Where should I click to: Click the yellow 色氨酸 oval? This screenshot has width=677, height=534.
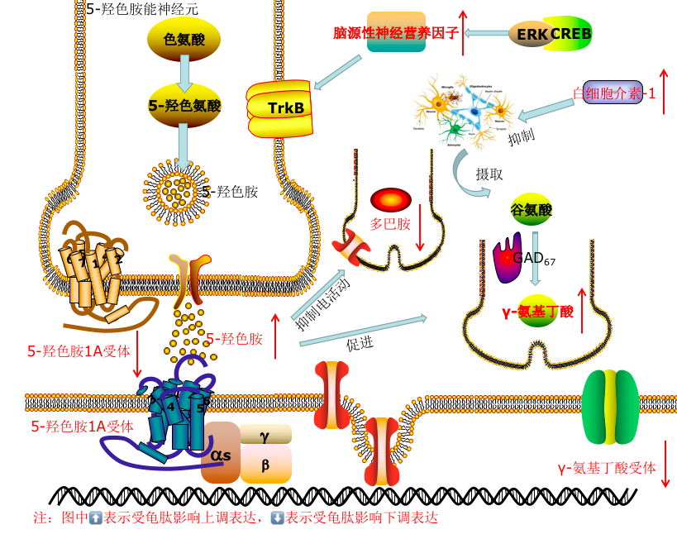click(184, 39)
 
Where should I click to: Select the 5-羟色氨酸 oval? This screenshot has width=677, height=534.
click(184, 105)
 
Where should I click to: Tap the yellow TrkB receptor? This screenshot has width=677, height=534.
click(281, 107)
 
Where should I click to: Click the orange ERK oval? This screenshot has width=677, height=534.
click(531, 34)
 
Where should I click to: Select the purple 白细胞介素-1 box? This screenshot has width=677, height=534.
click(613, 93)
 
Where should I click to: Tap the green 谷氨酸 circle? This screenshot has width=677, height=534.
click(532, 210)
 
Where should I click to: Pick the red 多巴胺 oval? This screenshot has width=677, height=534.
click(390, 200)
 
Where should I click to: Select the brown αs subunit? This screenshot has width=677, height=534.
click(221, 453)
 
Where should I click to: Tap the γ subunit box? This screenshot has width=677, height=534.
click(265, 434)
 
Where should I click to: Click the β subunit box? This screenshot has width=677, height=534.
click(265, 465)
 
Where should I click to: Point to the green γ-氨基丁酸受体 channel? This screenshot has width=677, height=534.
click(610, 407)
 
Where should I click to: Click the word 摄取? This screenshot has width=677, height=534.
click(489, 174)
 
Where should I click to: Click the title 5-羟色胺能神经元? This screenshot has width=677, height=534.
click(141, 9)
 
